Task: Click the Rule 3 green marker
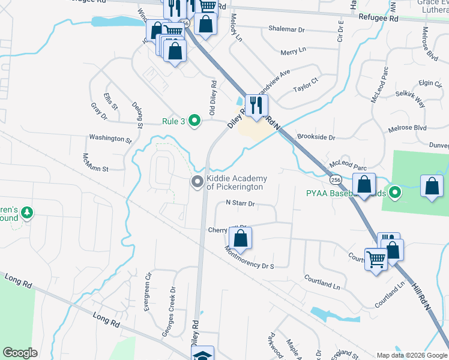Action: (x=194, y=121)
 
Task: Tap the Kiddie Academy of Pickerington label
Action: (x=235, y=182)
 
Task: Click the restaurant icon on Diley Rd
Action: (x=256, y=106)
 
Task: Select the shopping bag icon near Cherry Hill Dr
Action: (x=240, y=238)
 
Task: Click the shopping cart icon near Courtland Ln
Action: (x=376, y=260)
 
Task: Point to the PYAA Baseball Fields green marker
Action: (x=394, y=193)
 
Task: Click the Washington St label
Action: (x=110, y=138)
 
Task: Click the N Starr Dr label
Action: (x=240, y=203)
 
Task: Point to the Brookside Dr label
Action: (x=316, y=137)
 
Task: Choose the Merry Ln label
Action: (x=293, y=52)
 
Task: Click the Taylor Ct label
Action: (x=305, y=83)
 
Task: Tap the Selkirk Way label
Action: (x=411, y=99)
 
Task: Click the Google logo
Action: (x=20, y=353)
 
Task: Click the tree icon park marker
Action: (x=27, y=212)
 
